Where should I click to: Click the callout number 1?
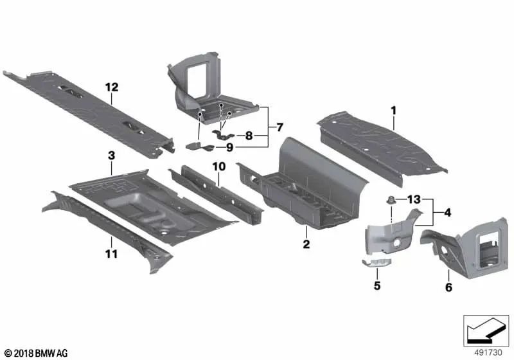tap(394, 111)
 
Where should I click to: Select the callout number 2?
tap(306, 244)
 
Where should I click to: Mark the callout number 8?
tap(248, 136)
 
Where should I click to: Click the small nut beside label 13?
tap(391, 201)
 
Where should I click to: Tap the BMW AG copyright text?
tap(35, 353)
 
